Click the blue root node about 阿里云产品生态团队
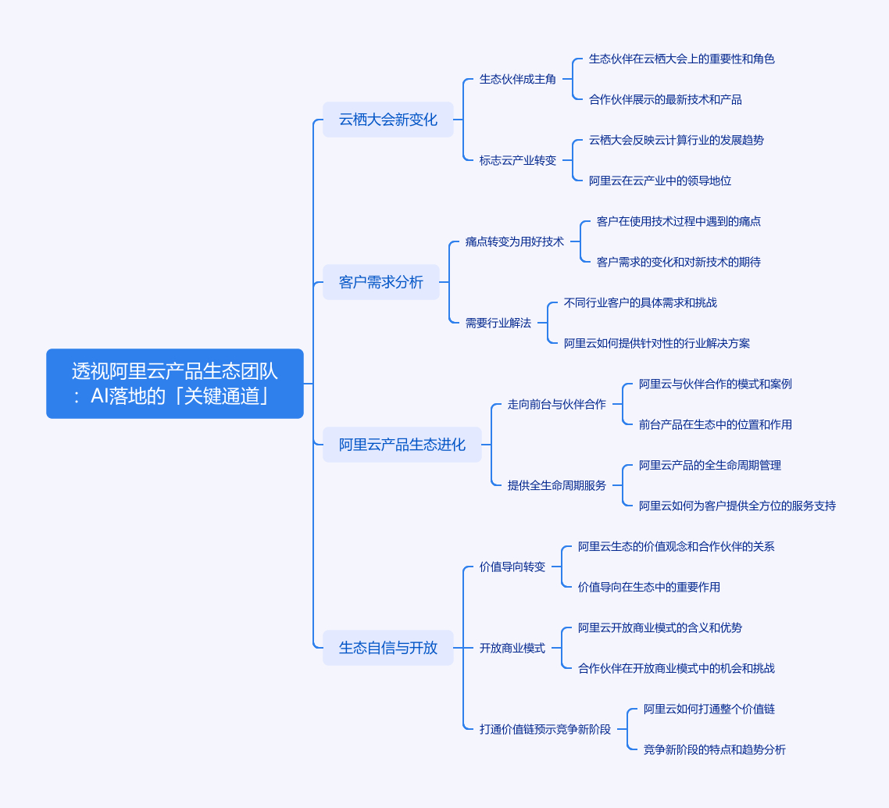click(x=175, y=384)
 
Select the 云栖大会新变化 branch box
click(x=387, y=120)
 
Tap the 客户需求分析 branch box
click(x=381, y=282)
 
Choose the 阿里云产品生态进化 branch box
click(x=402, y=445)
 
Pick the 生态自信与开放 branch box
click(x=387, y=648)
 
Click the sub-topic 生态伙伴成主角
click(x=518, y=80)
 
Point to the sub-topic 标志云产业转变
click(x=518, y=160)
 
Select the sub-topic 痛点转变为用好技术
click(x=515, y=241)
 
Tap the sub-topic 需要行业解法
click(x=498, y=324)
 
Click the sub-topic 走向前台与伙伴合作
click(x=557, y=404)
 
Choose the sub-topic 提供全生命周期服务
click(x=557, y=485)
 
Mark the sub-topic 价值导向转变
click(x=512, y=567)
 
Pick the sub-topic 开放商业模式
click(x=512, y=648)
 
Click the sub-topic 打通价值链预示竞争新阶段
click(x=545, y=729)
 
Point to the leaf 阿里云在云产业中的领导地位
click(x=660, y=181)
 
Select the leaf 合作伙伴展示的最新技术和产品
click(x=666, y=100)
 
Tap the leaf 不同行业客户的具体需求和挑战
click(x=641, y=302)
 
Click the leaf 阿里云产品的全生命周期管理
click(x=710, y=466)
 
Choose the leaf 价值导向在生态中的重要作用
click(x=649, y=588)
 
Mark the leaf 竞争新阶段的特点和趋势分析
click(x=714, y=749)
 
